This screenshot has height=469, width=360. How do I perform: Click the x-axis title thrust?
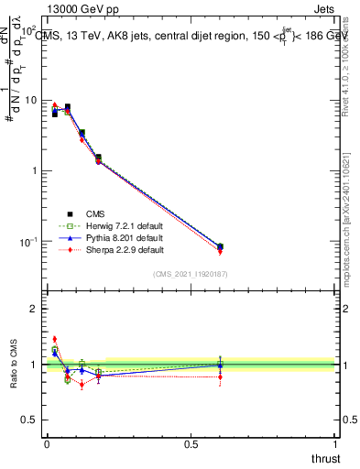coord(325,458)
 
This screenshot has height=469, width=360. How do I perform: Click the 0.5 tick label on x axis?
coord(191,444)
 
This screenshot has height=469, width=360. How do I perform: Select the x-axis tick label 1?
coord(336,444)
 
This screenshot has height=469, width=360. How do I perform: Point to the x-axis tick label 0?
coord(46,444)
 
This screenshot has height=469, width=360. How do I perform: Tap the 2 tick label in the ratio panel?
coord(34,309)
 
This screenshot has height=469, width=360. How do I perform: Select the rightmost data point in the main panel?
coord(220,246)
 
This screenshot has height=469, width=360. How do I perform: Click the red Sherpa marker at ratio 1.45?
coord(54,339)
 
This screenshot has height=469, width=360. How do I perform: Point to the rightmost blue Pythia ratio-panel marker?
coord(220,365)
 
